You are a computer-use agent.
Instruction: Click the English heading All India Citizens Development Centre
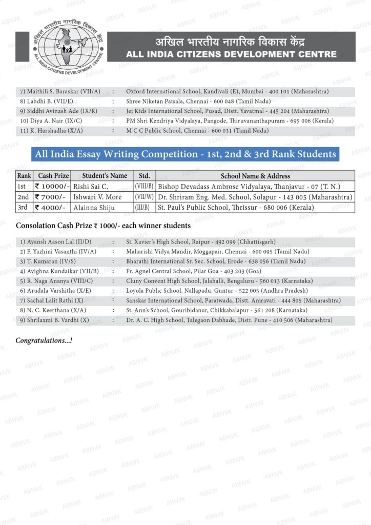[x=231, y=54]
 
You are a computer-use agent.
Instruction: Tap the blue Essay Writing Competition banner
[x=185, y=154]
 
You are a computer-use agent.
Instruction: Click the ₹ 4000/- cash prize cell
[x=50, y=207]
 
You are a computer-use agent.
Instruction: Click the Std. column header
[x=144, y=176]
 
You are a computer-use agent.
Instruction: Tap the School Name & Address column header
[x=255, y=176]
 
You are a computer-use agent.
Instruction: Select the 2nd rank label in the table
[x=24, y=197]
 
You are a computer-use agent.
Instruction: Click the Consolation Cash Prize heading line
[x=103, y=226]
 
